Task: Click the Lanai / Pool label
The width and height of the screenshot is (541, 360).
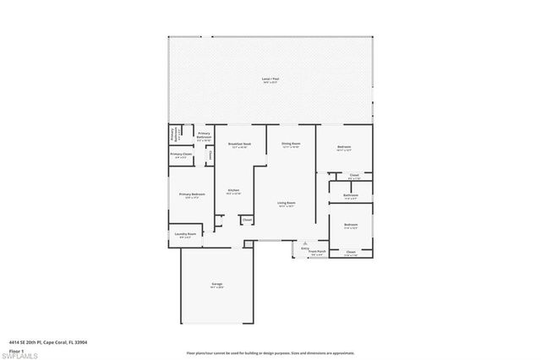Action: tap(270, 79)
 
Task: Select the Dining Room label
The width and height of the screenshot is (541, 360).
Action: tap(292, 145)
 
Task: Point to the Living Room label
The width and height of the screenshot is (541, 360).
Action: tap(287, 204)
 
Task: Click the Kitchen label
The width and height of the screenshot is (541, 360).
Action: tap(232, 191)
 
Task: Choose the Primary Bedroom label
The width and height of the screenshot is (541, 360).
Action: tap(192, 195)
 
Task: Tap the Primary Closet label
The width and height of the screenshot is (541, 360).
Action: tap(181, 155)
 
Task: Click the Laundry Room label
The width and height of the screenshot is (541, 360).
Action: tap(185, 234)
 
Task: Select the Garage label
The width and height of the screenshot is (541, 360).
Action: tap(217, 284)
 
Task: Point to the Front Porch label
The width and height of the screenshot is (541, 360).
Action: tap(317, 252)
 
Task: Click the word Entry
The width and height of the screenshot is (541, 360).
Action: tap(305, 248)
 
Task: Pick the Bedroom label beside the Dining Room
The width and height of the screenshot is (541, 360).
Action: tap(344, 147)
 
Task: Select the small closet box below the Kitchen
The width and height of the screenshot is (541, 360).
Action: tap(247, 220)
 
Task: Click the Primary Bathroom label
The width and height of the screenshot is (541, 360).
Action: tap(204, 135)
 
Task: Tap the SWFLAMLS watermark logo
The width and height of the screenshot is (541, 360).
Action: tap(20, 352)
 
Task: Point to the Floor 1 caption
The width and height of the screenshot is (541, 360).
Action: tap(15, 350)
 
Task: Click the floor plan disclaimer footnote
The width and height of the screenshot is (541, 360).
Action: tap(270, 352)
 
